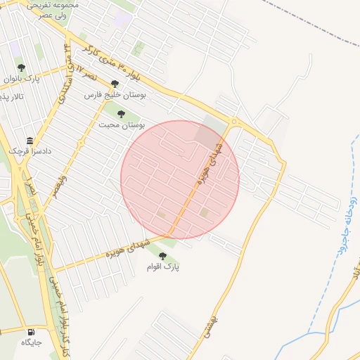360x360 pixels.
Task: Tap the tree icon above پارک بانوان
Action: (x=21, y=67)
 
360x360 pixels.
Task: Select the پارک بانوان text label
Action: (x=21, y=79)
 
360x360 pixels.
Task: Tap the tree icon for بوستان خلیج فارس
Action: (x=115, y=84)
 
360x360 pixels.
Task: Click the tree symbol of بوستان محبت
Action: (x=121, y=113)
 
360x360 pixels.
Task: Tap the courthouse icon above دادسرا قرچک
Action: (x=29, y=140)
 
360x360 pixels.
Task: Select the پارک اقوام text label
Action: (x=163, y=267)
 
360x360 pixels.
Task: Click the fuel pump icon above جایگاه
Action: (x=31, y=331)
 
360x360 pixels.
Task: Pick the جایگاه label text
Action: (x=32, y=342)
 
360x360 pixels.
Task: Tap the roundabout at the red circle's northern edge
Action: (x=233, y=124)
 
